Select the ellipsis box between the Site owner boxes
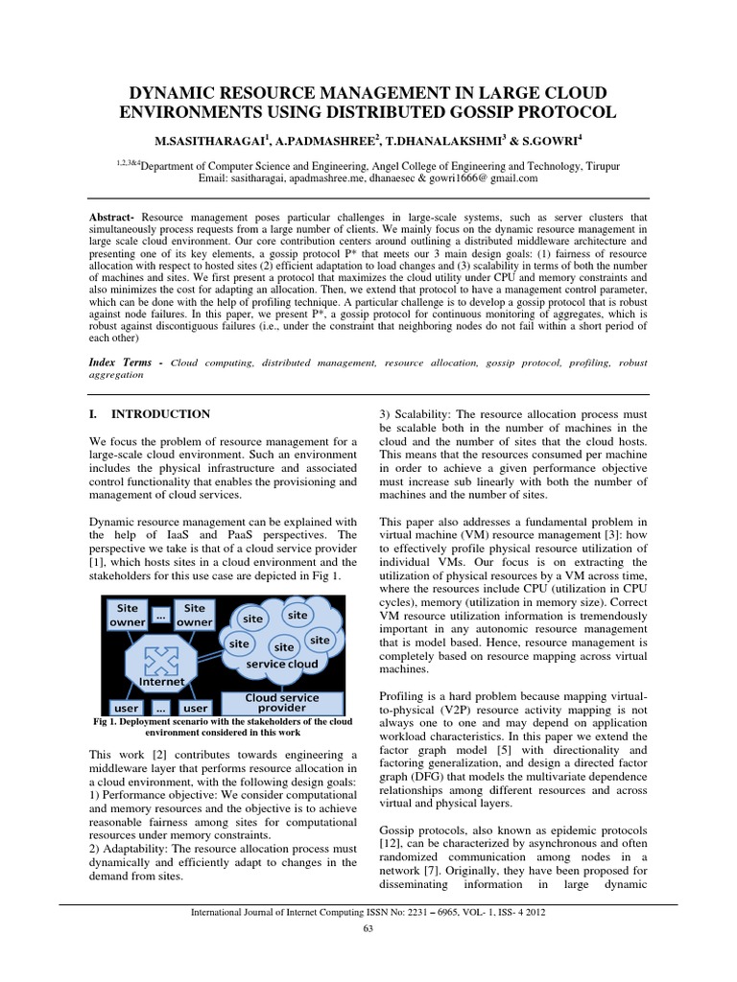[x=160, y=618]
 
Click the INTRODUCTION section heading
[x=161, y=414]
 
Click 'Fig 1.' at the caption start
[x=107, y=720]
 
